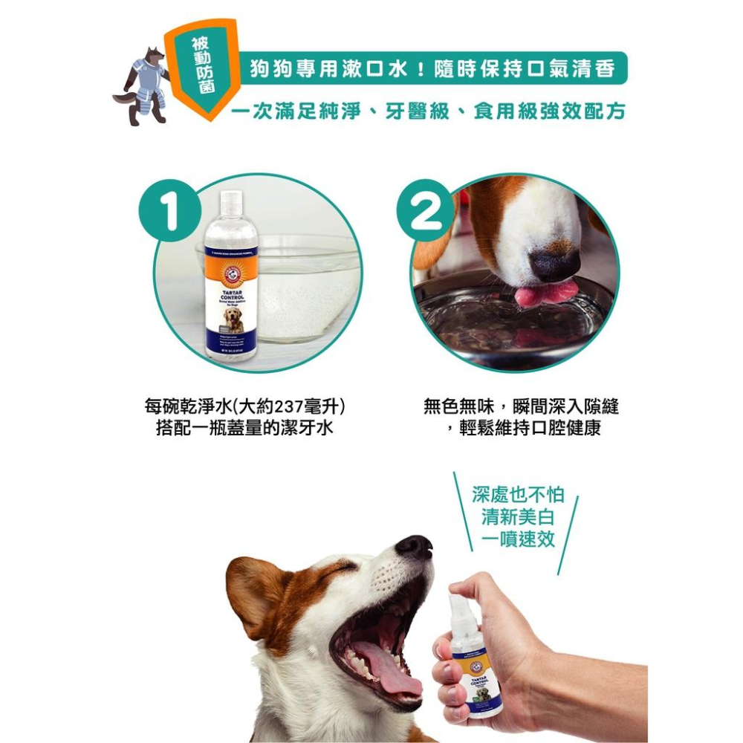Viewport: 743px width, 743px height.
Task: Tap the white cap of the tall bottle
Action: [231, 208]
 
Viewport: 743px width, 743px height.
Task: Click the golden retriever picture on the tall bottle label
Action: [233, 319]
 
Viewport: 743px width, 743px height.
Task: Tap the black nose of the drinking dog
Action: [554, 265]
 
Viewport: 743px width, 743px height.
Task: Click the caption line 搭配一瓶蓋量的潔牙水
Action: [244, 429]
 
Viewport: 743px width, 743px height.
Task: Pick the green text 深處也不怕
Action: [518, 495]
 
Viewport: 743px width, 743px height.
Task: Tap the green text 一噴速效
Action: [518, 539]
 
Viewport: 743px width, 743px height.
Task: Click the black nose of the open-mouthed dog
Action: [414, 548]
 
